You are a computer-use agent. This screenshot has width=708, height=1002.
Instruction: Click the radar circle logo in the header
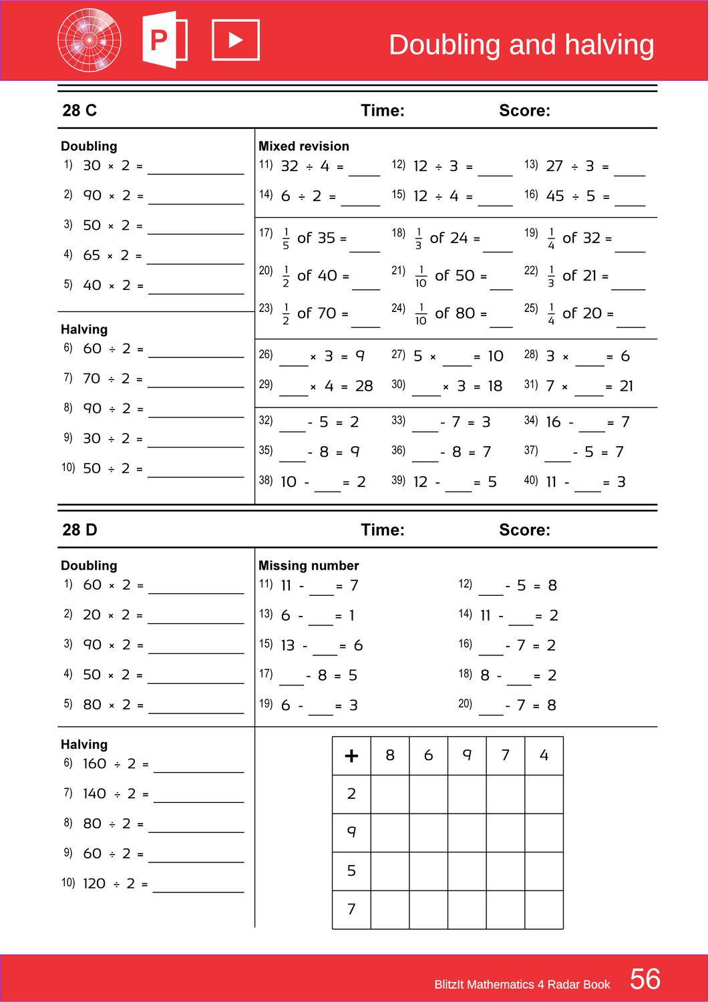pos(90,40)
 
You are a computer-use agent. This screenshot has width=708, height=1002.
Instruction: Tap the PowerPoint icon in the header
pos(164,40)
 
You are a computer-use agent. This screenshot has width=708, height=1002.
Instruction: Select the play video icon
pos(235,40)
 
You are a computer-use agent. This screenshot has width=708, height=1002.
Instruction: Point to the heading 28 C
pos(79,110)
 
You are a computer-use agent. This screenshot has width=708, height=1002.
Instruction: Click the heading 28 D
pos(79,530)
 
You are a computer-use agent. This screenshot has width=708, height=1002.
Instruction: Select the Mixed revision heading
pos(303,146)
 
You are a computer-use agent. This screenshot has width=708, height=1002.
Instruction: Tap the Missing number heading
pos(309,566)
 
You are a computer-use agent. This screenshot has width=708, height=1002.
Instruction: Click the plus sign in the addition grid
pos(351,756)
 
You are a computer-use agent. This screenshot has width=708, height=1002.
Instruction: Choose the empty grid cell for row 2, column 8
pos(390,794)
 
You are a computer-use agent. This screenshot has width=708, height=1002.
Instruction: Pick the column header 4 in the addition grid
pos(544,756)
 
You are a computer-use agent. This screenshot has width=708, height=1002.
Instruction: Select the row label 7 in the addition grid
pos(351,909)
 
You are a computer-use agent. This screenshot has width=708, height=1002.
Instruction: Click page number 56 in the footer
pos(645,979)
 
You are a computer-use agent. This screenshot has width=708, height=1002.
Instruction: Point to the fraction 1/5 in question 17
pos(286,238)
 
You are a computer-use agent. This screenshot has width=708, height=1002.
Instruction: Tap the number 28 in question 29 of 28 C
pos(364,386)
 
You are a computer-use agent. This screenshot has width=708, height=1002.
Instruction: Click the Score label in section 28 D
pos(524,530)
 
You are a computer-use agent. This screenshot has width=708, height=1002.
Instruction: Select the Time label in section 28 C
pos(382,110)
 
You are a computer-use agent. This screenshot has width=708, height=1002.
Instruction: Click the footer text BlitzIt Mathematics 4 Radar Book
pos(522,985)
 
